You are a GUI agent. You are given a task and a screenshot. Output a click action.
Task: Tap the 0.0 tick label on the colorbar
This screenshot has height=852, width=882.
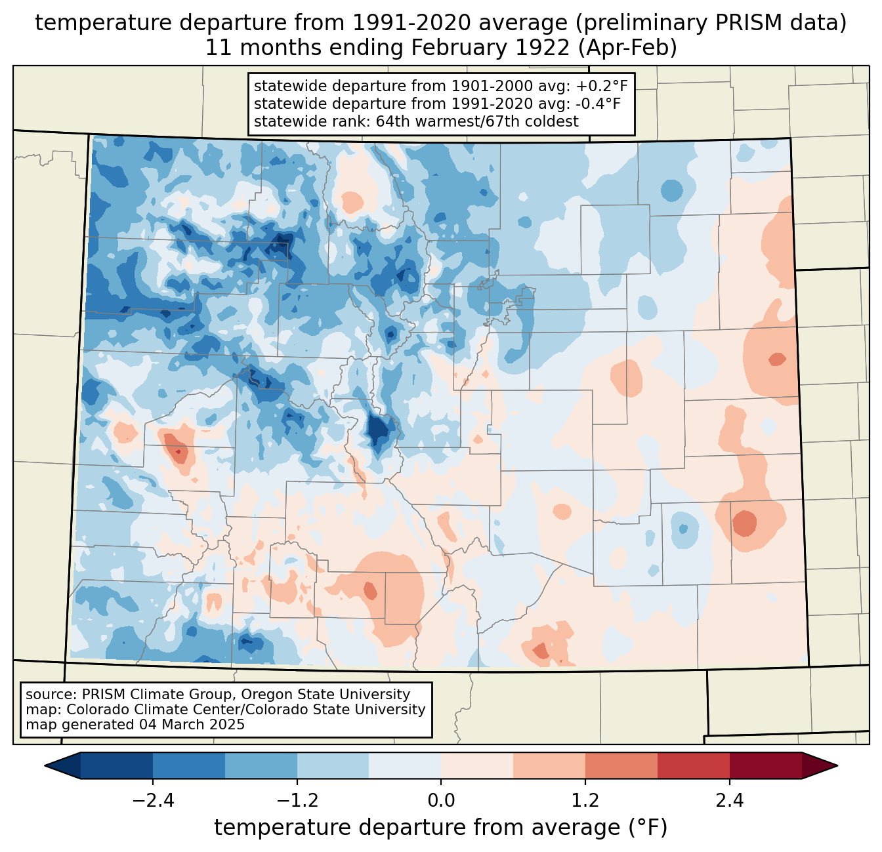tap(441, 801)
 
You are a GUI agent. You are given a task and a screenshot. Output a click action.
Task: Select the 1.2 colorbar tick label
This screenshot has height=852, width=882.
tap(585, 801)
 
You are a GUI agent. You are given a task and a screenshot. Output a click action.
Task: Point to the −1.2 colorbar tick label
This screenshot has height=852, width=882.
tap(297, 801)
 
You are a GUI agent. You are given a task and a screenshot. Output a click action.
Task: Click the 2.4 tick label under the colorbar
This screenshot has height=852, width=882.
tap(729, 801)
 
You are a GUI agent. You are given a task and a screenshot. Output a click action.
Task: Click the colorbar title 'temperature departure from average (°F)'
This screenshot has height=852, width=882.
tap(441, 828)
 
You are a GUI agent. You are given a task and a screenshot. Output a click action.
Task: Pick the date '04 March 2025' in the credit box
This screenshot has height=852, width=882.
tap(192, 725)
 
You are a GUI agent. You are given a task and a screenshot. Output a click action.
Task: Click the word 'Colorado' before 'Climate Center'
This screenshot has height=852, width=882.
tap(94, 710)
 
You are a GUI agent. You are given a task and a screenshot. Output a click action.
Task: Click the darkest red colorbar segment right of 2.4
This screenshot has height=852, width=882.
tap(765, 765)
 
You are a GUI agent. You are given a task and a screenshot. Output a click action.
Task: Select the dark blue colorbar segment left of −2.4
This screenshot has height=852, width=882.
tap(117, 765)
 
